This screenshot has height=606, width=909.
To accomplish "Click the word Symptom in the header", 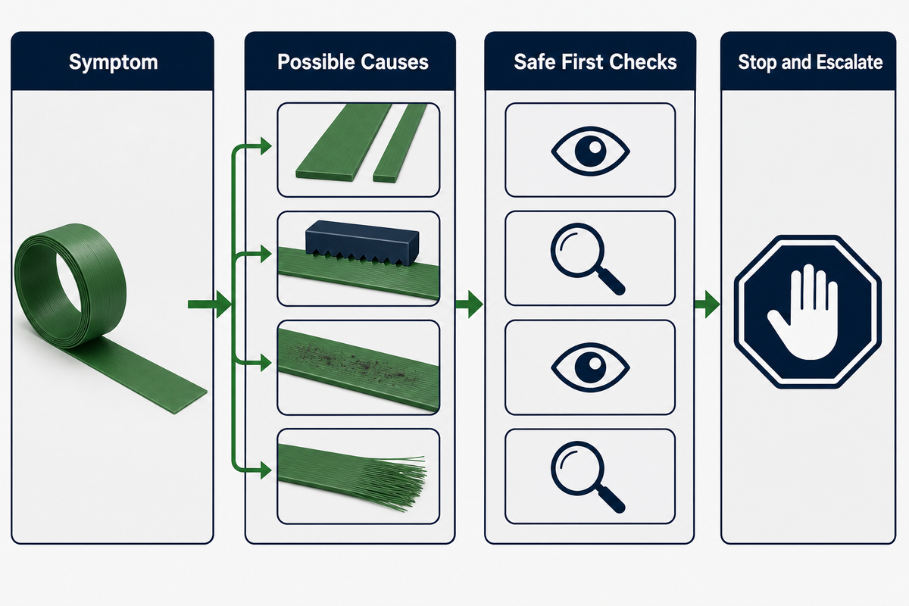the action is [x=113, y=63].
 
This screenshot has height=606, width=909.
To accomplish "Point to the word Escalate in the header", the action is [x=849, y=62].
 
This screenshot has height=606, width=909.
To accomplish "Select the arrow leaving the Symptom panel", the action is [x=209, y=304].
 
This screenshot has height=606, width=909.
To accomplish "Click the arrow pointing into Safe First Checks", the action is [x=469, y=304].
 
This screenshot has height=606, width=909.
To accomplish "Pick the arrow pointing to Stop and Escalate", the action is [x=707, y=304].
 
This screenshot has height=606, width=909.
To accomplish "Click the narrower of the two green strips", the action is [x=401, y=143].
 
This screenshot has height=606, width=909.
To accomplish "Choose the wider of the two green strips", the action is [x=344, y=142].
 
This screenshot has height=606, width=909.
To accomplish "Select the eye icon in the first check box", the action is [x=590, y=151].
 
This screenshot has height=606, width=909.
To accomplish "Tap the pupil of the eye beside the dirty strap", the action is [x=590, y=367].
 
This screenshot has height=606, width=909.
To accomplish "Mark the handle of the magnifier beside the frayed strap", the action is [x=611, y=499].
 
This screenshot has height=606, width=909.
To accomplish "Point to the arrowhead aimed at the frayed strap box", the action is [x=266, y=470].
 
